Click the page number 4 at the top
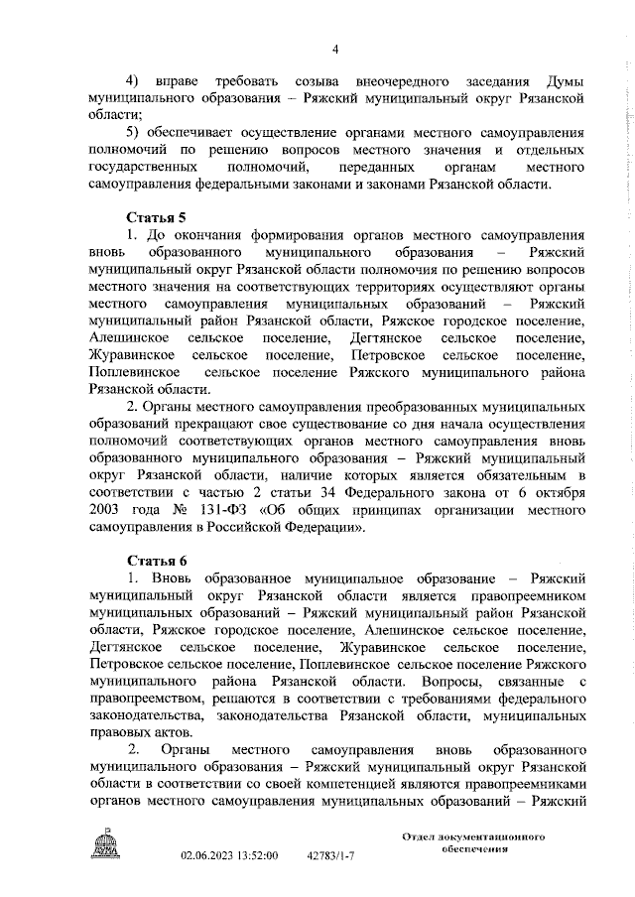(335, 51)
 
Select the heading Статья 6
(155, 560)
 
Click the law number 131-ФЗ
(220, 512)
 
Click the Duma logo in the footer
(104, 848)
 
